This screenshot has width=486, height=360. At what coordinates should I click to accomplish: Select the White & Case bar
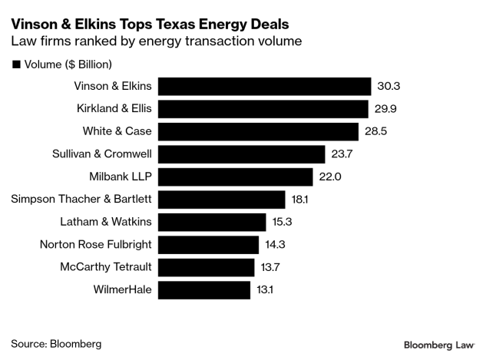tap(261, 131)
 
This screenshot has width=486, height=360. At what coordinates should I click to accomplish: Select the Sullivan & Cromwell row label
tap(100, 154)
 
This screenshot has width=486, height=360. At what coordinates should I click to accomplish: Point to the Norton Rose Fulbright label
tap(96, 245)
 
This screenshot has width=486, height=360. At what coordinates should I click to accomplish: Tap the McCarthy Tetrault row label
tap(105, 267)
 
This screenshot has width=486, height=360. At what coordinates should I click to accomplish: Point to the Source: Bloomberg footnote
tap(56, 343)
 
